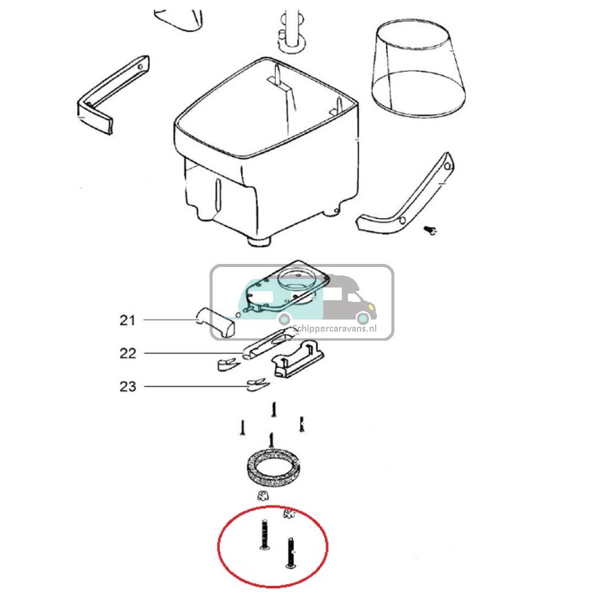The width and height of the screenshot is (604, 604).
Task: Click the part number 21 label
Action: pyautogui.click(x=127, y=320)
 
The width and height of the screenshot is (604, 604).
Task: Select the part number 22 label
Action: pyautogui.click(x=128, y=353)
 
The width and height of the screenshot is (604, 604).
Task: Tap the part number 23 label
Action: pyautogui.click(x=128, y=387)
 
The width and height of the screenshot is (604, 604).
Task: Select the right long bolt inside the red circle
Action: pyautogui.click(x=290, y=553)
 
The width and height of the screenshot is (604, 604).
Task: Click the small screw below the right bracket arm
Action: pyautogui.click(x=431, y=229)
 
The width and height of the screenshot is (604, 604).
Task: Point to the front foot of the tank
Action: pyautogui.click(x=260, y=241)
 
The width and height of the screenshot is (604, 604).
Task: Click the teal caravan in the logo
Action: pyautogui.click(x=266, y=299)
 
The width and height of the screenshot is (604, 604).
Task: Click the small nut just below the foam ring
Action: pyautogui.click(x=262, y=496)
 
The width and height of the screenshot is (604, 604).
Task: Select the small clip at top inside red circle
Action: pyautogui.click(x=290, y=514)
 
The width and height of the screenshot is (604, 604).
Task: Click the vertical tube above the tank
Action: pyautogui.click(x=293, y=24)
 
